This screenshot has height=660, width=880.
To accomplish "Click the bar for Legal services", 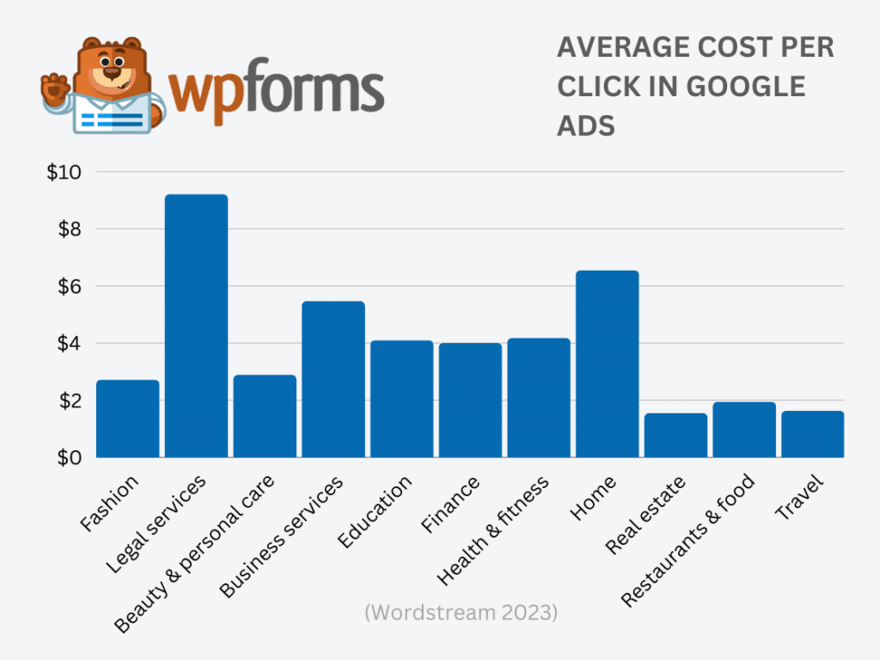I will click(196, 327).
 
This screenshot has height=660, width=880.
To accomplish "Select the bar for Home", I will click(607, 364).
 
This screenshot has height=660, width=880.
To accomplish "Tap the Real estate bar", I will click(675, 436).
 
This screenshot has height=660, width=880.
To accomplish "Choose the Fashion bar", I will click(127, 419).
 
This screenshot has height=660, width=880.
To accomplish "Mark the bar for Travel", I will click(812, 434).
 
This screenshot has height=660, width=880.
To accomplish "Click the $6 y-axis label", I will click(67, 286).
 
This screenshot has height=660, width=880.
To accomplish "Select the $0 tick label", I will click(67, 458).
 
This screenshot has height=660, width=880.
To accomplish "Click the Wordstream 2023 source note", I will click(461, 614).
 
